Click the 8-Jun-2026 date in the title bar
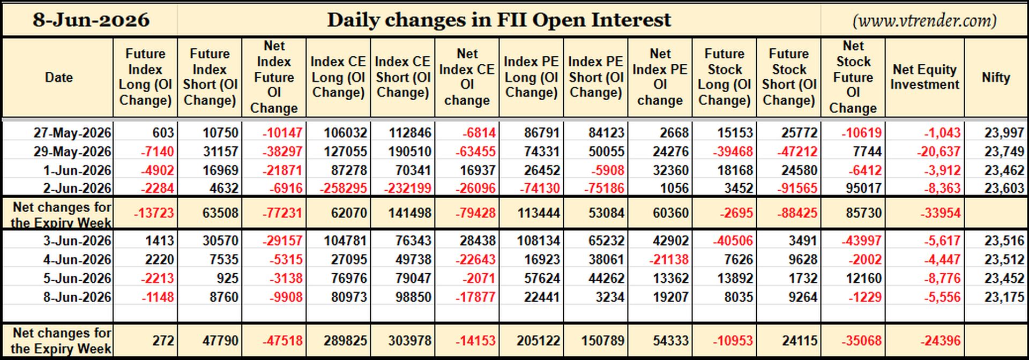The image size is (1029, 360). (x=91, y=20)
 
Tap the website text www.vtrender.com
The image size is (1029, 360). (x=924, y=20)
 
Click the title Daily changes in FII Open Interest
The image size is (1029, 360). (x=499, y=20)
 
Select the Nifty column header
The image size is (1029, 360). (x=996, y=77)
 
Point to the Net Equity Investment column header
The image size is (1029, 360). (x=924, y=77)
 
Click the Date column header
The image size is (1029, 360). (x=59, y=77)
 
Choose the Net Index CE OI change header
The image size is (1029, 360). (x=467, y=77)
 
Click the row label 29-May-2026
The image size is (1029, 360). (x=72, y=152)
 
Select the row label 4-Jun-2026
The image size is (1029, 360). (x=77, y=260)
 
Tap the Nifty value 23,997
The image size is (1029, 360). (x=1004, y=133)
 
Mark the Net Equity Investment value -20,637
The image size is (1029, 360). (x=938, y=152)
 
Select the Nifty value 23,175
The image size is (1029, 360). (x=1004, y=297)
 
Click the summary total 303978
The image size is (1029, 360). (x=408, y=341)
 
